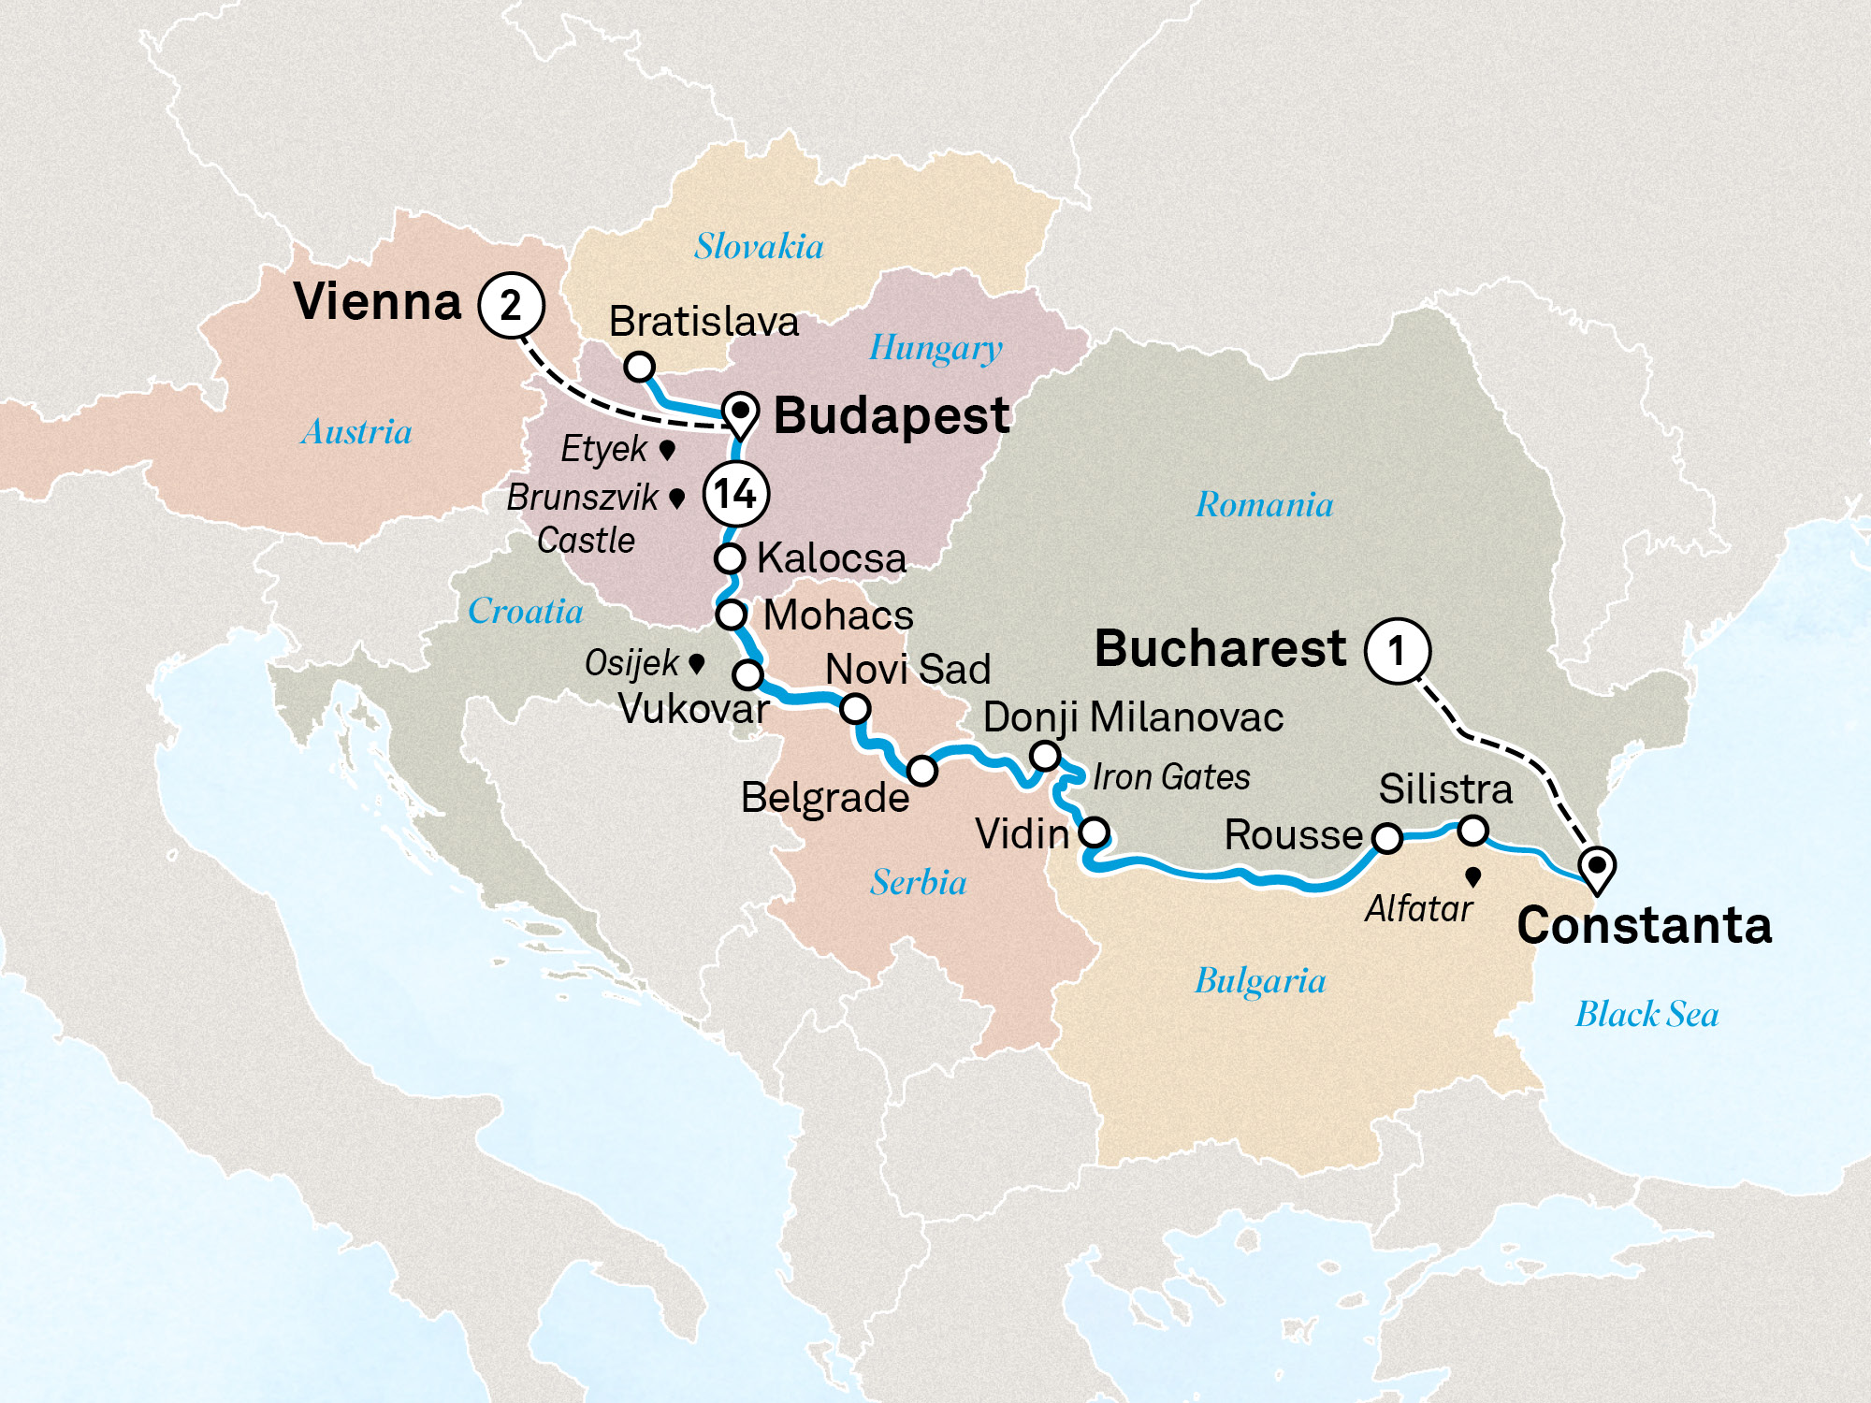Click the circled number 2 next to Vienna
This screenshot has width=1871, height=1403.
511,305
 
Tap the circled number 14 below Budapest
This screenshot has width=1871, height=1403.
735,494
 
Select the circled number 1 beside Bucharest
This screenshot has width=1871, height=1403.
1397,650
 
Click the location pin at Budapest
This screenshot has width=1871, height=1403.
740,413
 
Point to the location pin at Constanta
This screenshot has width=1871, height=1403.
1597,868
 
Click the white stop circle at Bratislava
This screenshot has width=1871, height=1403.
639,366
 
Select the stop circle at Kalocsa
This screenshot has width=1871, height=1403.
730,558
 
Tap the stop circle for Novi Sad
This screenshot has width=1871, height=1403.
855,709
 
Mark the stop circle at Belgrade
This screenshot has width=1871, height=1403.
921,771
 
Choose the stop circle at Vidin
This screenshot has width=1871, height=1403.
1095,832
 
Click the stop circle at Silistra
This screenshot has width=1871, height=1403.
1473,830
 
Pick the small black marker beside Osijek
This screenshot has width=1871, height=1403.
696,663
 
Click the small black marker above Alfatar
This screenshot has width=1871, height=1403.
1473,876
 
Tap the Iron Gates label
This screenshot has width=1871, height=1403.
1171,777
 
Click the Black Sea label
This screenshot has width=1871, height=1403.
1646,1014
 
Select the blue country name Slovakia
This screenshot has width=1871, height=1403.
759,247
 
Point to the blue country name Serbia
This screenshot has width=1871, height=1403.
918,882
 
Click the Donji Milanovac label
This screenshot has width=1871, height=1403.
1133,717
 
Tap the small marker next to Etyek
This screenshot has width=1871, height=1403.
667,450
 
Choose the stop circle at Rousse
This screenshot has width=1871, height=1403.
1386,838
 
